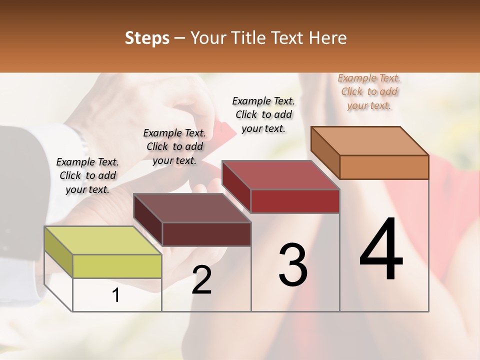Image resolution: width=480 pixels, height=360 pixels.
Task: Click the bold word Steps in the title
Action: coord(147,38)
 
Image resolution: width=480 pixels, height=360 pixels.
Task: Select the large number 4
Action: coord(381,250)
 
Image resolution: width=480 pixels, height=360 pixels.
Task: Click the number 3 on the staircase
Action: coord(293,265)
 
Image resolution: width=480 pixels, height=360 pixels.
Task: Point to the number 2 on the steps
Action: coord(201,280)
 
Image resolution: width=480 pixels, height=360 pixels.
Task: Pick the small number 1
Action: coord(115,296)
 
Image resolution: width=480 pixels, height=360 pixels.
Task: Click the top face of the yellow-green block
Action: coord(102,240)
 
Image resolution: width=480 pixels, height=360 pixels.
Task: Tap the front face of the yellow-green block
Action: coord(117,266)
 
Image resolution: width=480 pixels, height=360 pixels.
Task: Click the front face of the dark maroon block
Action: coord(206,234)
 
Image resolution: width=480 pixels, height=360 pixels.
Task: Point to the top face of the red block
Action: coord(280,175)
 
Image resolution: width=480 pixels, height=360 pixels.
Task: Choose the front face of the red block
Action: coord(295,201)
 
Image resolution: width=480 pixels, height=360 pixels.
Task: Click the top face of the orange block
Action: coord(369,141)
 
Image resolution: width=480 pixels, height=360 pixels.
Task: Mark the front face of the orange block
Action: coord(384,167)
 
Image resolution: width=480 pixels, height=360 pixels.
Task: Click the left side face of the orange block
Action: coord(325,152)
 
